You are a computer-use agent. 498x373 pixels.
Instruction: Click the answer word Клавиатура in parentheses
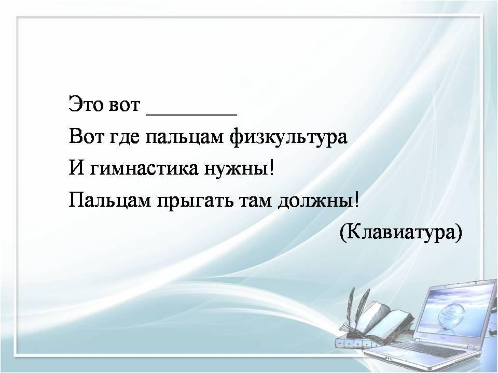pos(401,233)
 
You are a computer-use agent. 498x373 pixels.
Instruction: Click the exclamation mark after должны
pos(357,200)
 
